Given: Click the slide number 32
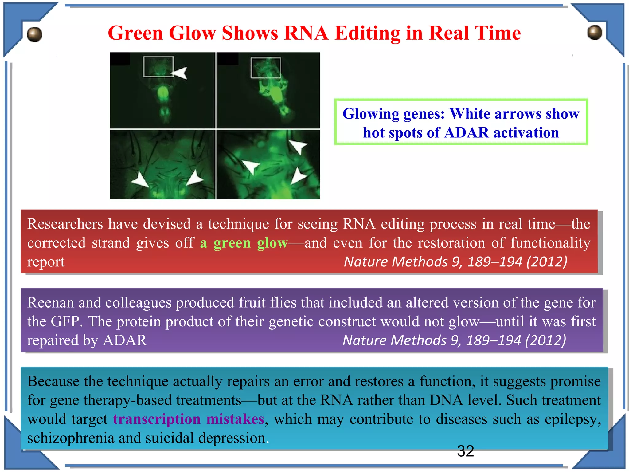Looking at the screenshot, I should click(465, 451).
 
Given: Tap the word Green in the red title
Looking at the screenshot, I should click(135, 33).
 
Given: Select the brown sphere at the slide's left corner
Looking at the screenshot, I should click(34, 34).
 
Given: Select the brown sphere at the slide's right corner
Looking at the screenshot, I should click(595, 32).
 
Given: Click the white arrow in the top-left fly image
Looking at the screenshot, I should click(179, 73).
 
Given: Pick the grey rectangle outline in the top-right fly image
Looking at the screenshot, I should click(266, 68).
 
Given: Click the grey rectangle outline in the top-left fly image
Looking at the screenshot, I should click(158, 66).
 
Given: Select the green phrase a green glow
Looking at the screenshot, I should click(244, 243).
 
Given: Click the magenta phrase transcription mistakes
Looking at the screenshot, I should click(189, 419).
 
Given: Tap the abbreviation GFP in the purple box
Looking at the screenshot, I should click(66, 322).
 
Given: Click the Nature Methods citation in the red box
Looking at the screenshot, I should click(455, 262).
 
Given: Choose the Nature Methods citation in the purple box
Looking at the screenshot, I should click(454, 340).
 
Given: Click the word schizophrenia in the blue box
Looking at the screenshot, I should click(71, 438).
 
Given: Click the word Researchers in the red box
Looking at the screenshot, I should click(65, 224).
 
